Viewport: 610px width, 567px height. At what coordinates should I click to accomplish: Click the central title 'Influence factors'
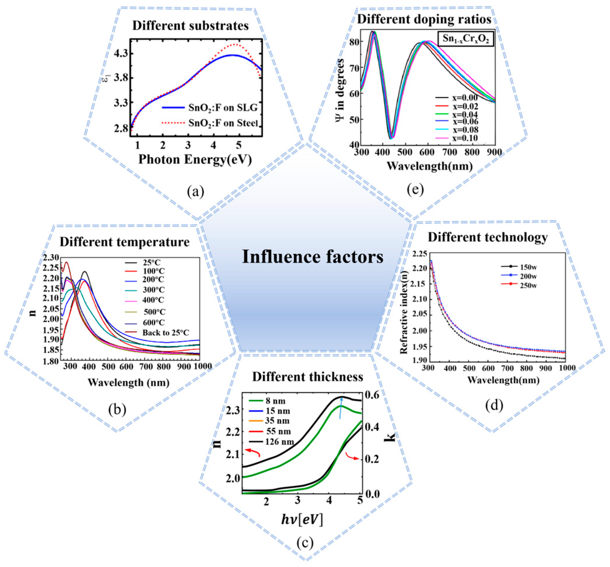[x=313, y=257]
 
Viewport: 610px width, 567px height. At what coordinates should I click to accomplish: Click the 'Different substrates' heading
[x=190, y=25]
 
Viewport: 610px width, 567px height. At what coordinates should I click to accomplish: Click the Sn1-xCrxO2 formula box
[x=465, y=39]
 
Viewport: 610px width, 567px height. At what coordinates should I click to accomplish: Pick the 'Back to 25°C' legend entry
[x=165, y=333]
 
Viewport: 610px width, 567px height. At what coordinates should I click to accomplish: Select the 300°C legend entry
[x=153, y=290]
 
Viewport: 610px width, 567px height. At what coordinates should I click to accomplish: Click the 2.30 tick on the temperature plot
[x=51, y=257]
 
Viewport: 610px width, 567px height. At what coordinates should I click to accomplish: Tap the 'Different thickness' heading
[x=307, y=377]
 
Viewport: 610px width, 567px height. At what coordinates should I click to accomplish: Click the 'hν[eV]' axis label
[x=302, y=519]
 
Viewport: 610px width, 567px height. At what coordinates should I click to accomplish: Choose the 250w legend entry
[x=528, y=285]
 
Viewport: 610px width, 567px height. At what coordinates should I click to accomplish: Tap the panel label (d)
[x=494, y=405]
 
